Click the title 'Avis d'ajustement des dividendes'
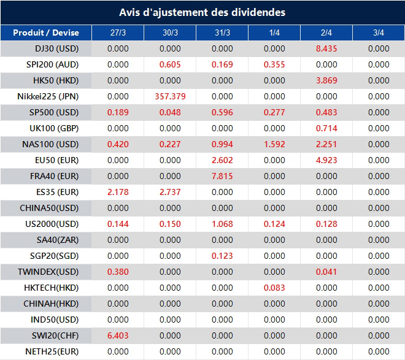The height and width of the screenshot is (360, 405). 202,12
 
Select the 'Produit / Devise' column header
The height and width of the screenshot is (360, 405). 46,33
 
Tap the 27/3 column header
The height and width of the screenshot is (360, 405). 118,33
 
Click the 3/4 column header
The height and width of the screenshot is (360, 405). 379,33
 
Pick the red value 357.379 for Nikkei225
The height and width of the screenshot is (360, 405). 170,96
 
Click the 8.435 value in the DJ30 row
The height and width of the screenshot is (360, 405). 326,48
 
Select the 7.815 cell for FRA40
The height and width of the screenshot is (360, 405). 222,176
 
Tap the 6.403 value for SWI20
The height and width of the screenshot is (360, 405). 118,335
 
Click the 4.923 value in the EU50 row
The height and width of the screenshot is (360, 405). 326,160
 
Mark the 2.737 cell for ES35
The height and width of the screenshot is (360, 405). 170,192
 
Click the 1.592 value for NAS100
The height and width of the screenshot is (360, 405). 274,144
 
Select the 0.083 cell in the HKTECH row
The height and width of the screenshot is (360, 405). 274,288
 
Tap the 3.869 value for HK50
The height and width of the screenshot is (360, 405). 326,80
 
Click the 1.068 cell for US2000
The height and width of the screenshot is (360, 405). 222,224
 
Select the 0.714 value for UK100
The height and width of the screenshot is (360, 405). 326,128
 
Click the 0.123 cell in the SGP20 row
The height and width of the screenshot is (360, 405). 222,256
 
